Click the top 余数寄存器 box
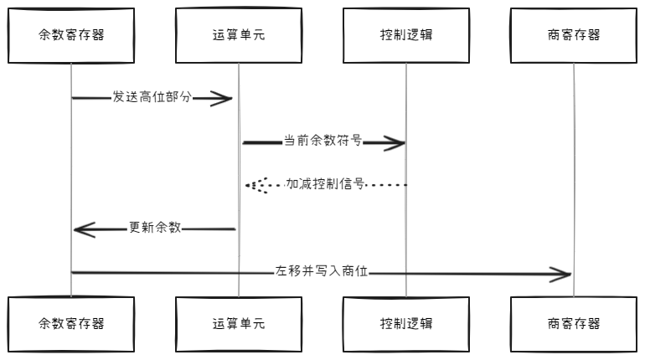(71, 35)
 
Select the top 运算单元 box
(239, 35)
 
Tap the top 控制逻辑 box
(406, 35)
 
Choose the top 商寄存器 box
(574, 35)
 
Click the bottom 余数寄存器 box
(71, 324)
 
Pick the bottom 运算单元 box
(239, 324)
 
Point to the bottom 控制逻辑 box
(406, 324)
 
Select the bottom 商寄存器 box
(574, 324)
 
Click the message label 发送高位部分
(152, 98)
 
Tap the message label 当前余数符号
(322, 141)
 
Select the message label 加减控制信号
(325, 184)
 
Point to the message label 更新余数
(155, 228)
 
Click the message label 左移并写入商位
(322, 271)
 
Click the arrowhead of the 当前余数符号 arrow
(395, 143)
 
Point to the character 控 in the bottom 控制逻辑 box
(386, 324)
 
